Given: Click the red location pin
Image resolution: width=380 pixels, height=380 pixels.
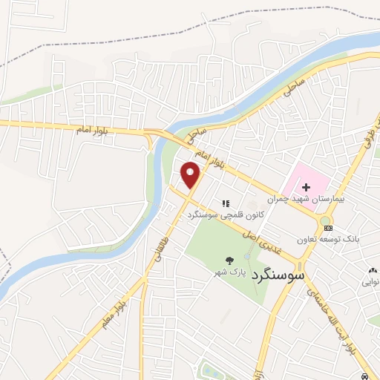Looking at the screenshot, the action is click(191, 174).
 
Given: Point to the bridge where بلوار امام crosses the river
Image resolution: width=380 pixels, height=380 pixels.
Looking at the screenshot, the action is click(154, 134).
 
